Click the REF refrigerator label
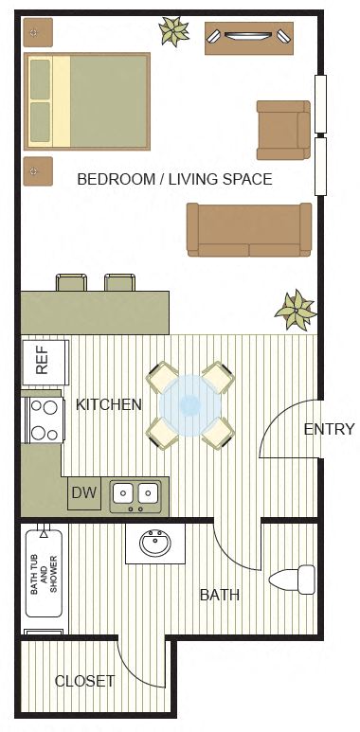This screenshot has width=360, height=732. tap(43, 364)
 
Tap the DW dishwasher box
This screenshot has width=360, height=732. tap(84, 493)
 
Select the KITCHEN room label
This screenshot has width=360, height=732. tap(109, 405)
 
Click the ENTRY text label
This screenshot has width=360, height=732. tap(329, 429)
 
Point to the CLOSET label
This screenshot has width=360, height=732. tap(84, 681)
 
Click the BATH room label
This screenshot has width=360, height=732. tap(219, 596)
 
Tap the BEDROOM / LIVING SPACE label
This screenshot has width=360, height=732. tap(175, 179)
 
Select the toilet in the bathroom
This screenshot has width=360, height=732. tap(292, 578)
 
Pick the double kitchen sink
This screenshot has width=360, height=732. tap(135, 493)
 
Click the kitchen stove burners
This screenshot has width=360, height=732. tap(44, 418)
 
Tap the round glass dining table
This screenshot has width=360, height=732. tap(190, 405)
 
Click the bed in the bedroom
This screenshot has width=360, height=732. tap(87, 101)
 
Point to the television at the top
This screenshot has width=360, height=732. tap(251, 37)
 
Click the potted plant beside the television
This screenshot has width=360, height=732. tap(174, 31)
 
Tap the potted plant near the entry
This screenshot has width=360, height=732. tap(295, 309)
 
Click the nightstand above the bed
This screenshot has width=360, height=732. tap(37, 33)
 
